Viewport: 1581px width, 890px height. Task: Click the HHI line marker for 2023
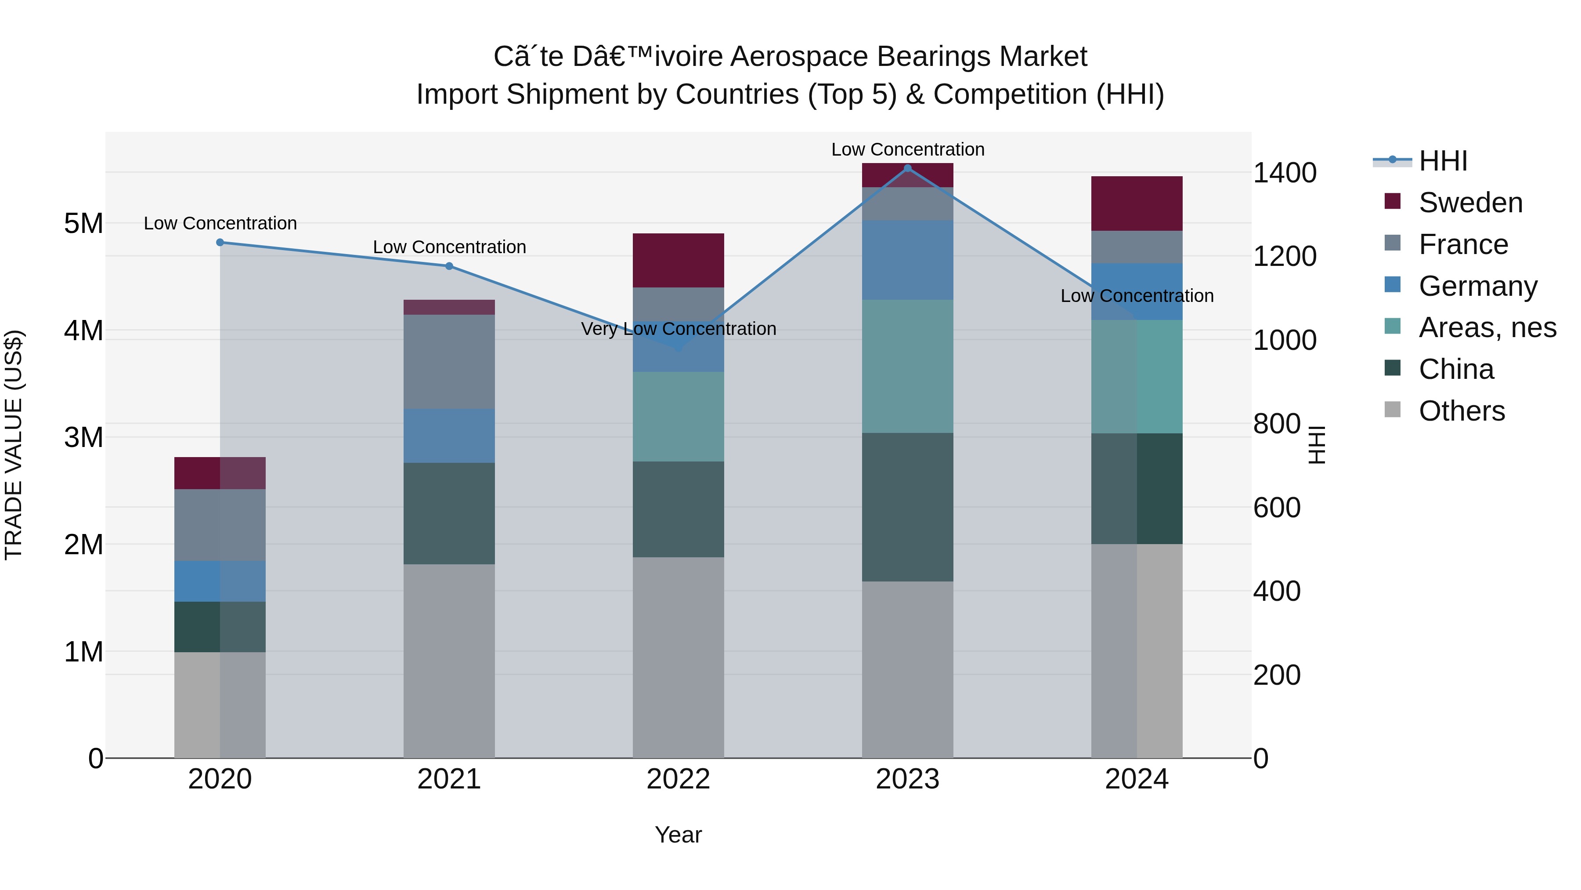908,168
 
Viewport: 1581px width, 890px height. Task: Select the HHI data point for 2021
449,266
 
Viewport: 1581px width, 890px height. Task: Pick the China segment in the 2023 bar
908,507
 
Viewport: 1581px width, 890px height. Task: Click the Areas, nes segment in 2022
678,417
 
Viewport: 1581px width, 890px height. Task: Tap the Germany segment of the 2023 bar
908,260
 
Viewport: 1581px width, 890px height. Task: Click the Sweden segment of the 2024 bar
1137,203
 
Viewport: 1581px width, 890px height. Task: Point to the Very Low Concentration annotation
678,329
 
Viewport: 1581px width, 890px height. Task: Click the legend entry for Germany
1478,286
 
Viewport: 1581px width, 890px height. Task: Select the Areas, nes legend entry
1487,327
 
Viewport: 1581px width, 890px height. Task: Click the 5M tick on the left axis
83,224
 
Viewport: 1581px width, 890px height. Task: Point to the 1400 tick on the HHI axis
1285,173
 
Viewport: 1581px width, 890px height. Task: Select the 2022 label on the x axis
678,779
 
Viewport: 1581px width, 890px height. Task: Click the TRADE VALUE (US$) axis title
14,445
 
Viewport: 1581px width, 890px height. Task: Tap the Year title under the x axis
678,835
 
